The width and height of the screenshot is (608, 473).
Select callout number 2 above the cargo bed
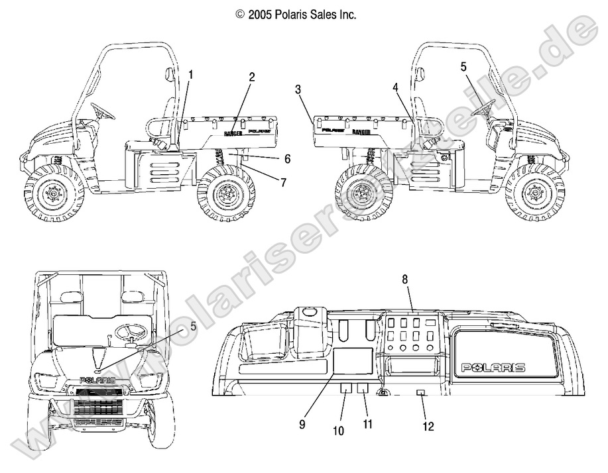point(251,77)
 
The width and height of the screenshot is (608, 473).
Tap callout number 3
point(298,89)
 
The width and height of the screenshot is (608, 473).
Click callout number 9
point(302,425)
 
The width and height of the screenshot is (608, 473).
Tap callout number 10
point(338,431)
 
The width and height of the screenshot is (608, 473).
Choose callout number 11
point(367,424)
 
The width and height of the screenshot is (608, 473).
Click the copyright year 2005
point(262,13)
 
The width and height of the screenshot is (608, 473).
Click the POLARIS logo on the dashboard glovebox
point(494,367)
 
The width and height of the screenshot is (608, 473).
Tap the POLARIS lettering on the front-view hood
point(97,380)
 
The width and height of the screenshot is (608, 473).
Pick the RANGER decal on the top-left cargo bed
point(233,133)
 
